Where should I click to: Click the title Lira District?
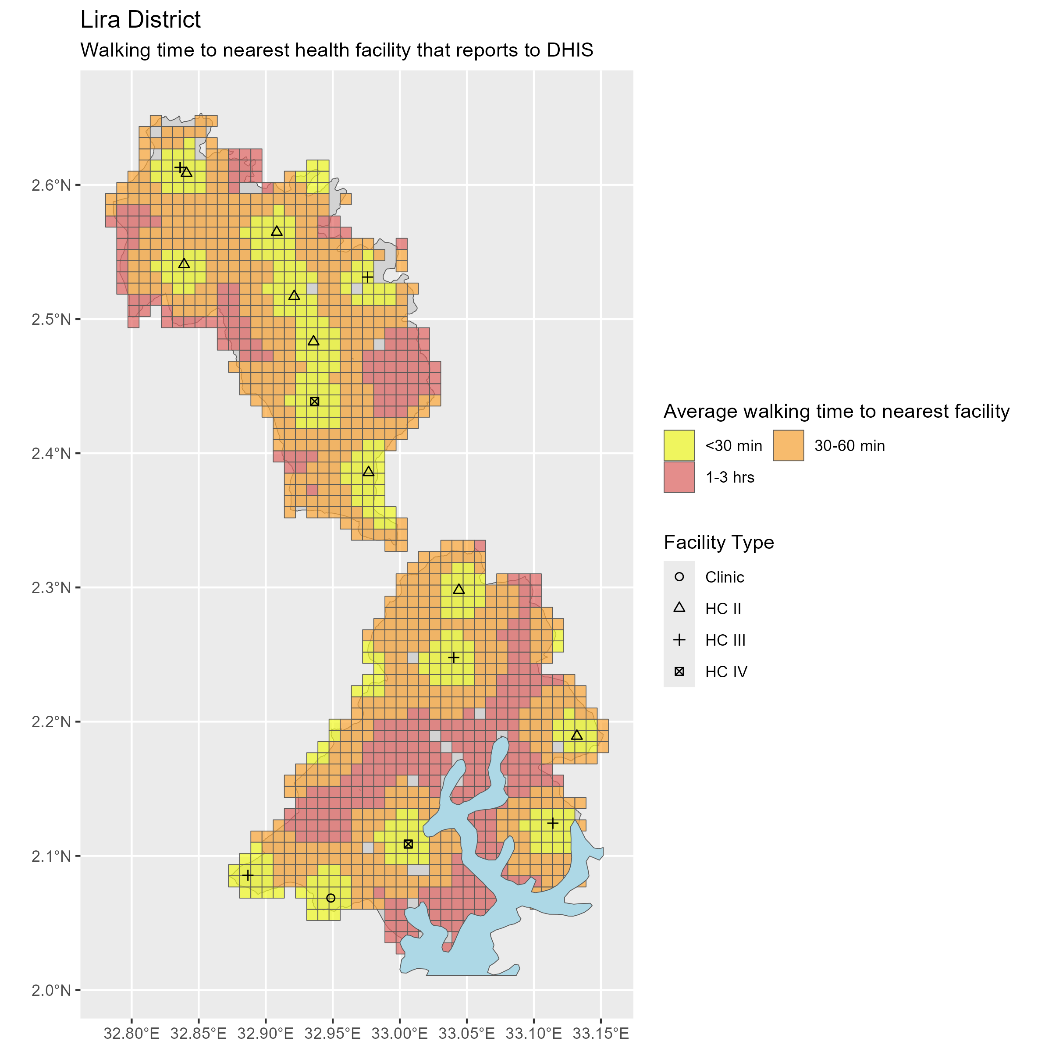point(140,20)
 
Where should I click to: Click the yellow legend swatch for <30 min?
point(679,445)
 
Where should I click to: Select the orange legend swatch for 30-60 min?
point(788,445)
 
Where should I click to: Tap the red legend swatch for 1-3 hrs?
point(679,477)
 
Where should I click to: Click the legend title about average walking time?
point(836,411)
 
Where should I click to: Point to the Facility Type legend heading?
point(719,542)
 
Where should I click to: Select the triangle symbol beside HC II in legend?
point(679,608)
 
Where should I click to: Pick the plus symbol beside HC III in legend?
point(679,640)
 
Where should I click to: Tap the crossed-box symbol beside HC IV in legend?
point(679,672)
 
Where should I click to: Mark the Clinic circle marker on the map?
point(331,898)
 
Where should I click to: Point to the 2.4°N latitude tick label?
point(51,454)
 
